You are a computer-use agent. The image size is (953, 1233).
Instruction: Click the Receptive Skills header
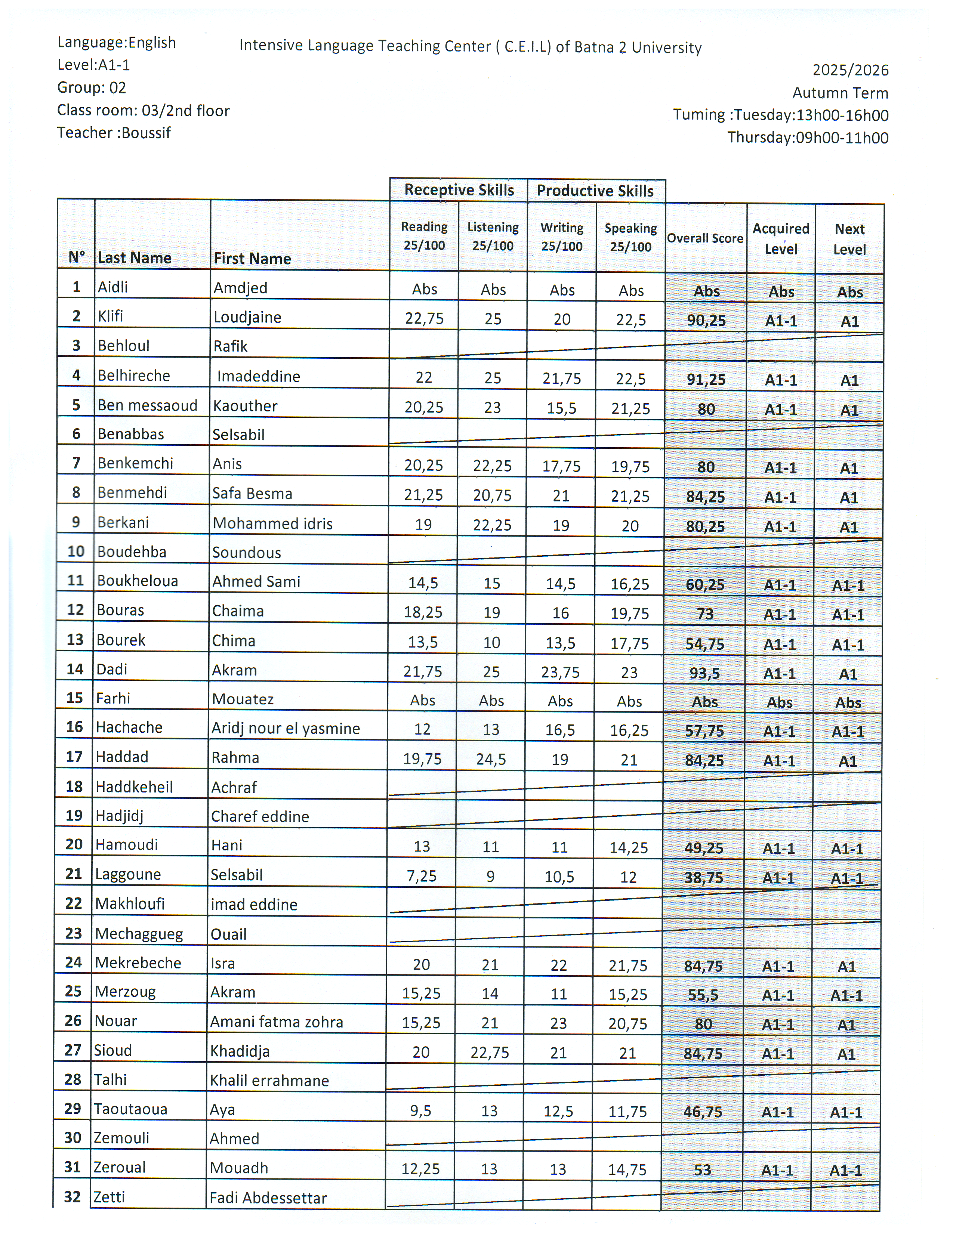tap(459, 190)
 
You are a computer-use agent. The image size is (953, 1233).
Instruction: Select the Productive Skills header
tap(595, 191)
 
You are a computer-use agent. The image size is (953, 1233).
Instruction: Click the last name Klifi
tap(110, 316)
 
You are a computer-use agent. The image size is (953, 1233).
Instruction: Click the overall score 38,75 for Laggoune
tap(703, 877)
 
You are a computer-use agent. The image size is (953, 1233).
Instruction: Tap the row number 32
tap(72, 1196)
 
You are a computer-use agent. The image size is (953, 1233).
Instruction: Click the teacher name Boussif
tap(146, 133)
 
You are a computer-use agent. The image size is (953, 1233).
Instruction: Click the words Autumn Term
tap(840, 93)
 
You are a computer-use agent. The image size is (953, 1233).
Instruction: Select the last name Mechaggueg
tap(139, 933)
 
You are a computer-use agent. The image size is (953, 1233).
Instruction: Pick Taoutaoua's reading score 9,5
tap(420, 1110)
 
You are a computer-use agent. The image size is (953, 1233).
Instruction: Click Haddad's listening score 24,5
tap(491, 759)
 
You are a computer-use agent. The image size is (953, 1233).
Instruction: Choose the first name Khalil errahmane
tap(269, 1081)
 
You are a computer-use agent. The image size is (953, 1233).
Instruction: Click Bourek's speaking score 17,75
tap(629, 643)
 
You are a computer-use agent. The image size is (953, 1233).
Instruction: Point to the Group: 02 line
tap(92, 87)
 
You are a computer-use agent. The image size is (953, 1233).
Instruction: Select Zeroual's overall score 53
tap(702, 1169)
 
